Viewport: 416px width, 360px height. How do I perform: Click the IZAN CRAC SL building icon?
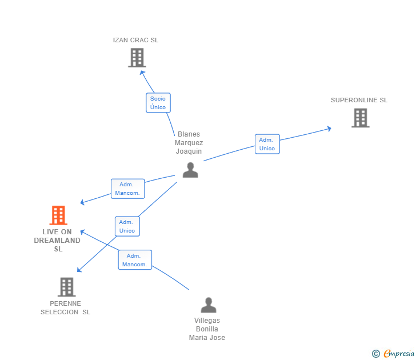pyautogui.click(x=137, y=58)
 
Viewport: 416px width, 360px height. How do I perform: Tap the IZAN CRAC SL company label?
pyautogui.click(x=135, y=40)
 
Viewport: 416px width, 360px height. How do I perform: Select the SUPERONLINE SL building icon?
pyautogui.click(x=360, y=118)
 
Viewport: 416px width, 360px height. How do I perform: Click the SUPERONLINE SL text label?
pyautogui.click(x=359, y=100)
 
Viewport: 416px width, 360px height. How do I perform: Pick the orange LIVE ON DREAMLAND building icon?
pyautogui.click(x=58, y=215)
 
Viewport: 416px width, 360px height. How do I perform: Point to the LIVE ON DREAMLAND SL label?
pyautogui.click(x=58, y=241)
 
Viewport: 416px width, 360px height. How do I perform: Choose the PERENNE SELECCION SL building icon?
pyautogui.click(x=66, y=287)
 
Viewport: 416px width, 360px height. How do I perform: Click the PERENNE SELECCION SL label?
pyautogui.click(x=65, y=308)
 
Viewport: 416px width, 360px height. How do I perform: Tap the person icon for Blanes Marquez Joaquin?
pyautogui.click(x=190, y=170)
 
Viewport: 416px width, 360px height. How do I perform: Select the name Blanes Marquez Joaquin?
pyautogui.click(x=189, y=143)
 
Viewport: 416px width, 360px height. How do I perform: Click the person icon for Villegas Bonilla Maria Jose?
pyautogui.click(x=209, y=305)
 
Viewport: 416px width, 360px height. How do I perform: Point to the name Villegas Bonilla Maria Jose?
pyautogui.click(x=207, y=329)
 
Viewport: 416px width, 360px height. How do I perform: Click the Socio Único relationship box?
pyautogui.click(x=158, y=103)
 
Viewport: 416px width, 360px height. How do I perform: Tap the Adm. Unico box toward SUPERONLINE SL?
pyautogui.click(x=267, y=144)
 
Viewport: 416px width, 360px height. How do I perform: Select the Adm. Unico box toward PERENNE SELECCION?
pyautogui.click(x=127, y=226)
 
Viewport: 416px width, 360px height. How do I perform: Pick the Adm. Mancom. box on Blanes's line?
pyautogui.click(x=127, y=189)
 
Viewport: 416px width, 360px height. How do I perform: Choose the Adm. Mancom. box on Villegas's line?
pyautogui.click(x=135, y=260)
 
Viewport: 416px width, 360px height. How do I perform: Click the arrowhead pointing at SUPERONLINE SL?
pyautogui.click(x=329, y=129)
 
